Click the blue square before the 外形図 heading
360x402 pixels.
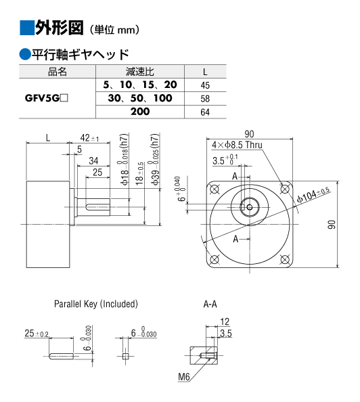[26, 28]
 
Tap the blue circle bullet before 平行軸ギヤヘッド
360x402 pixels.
[25, 54]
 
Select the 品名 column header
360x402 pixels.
[58, 72]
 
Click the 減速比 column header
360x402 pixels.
[140, 72]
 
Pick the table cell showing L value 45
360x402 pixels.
[205, 85]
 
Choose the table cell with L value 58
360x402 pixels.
[205, 99]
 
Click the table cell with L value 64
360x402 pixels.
[205, 112]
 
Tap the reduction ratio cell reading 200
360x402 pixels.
[140, 112]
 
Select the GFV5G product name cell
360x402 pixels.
[47, 98]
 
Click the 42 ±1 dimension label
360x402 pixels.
[89, 138]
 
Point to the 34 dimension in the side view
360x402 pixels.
[93, 161]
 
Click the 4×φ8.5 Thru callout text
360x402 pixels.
[237, 145]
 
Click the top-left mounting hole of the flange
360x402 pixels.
[215, 189]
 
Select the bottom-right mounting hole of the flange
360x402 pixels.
[285, 260]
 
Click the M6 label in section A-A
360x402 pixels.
[184, 376]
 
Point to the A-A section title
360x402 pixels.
[210, 304]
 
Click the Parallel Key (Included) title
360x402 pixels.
[96, 304]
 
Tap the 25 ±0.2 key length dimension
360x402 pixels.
[37, 333]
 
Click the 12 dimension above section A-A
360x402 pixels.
[225, 321]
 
